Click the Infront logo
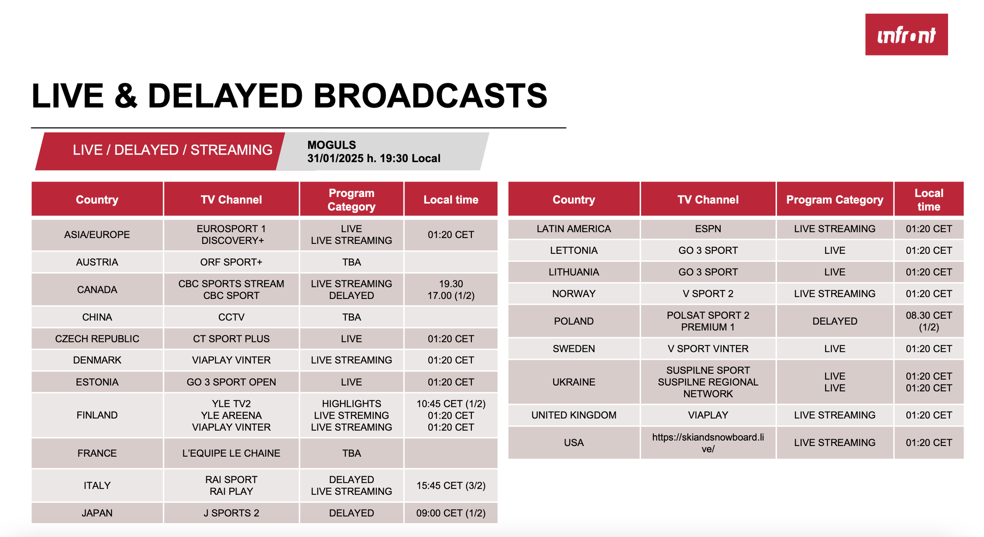[x=906, y=35]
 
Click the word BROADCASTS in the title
[x=430, y=96]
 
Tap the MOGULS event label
[x=331, y=145]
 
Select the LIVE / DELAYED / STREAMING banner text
[x=173, y=150]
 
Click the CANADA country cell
[x=97, y=290]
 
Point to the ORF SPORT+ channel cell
[x=231, y=262]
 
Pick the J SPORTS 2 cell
[x=231, y=513]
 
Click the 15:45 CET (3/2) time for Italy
[x=451, y=485]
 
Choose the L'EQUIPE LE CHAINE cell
[x=231, y=453]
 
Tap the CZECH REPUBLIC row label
[x=97, y=339]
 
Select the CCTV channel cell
[x=231, y=317]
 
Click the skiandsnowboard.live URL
[x=708, y=443]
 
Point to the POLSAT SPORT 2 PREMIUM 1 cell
[x=708, y=321]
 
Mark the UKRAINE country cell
[x=574, y=382]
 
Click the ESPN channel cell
[x=708, y=229]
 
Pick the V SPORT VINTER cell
[x=708, y=349]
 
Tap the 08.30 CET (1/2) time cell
[x=929, y=321]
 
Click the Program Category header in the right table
[x=835, y=200]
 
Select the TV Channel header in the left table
[x=231, y=200]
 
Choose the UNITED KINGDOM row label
[x=574, y=415]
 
